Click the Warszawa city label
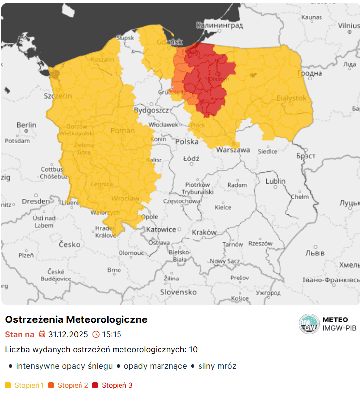point(233,149)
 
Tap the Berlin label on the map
point(26,125)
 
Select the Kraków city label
point(204,232)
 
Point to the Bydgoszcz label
point(152,110)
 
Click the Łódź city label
point(191,159)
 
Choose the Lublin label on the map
point(276,181)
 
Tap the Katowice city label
point(161,229)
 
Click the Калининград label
point(219,25)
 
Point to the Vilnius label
point(349,25)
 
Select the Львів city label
point(316,253)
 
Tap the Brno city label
point(114,270)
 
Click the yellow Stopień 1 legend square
point(8,385)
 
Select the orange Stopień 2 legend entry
point(69,385)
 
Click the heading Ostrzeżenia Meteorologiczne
point(76,319)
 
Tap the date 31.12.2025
point(68,334)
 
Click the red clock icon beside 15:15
point(96,334)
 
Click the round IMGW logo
point(309,324)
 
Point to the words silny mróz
point(217,366)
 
